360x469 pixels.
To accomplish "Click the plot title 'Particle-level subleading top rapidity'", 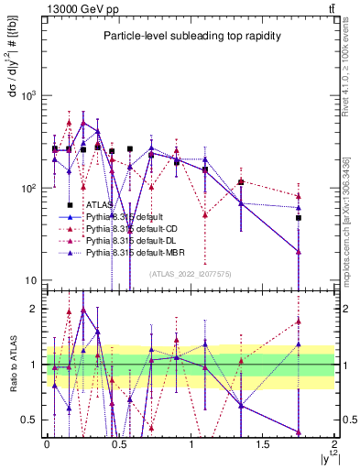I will pyautogui.click(x=190, y=36).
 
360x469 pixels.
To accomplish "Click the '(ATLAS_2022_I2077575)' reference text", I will pyautogui.click(x=190, y=273).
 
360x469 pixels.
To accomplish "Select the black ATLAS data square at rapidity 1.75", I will pyautogui.click(x=299, y=218).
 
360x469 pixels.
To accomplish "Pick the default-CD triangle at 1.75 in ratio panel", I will pyautogui.click(x=299, y=321).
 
